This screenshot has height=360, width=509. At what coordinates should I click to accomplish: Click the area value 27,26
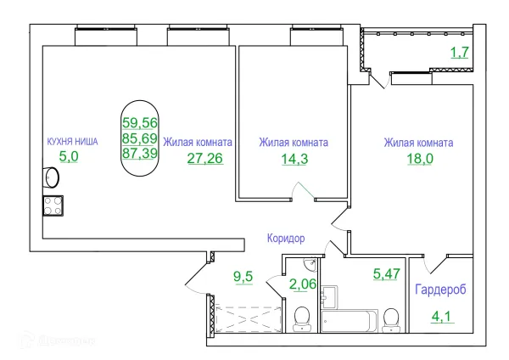click(204, 159)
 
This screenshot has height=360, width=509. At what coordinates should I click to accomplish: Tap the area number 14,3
click(293, 159)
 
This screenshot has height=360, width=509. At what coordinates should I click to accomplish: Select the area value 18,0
click(417, 159)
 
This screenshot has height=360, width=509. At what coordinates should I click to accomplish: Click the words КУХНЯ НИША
click(72, 141)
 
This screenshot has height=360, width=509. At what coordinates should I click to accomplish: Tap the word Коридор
click(285, 239)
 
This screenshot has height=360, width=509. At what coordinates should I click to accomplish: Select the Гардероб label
click(439, 290)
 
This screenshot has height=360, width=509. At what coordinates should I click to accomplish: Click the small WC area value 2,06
click(302, 284)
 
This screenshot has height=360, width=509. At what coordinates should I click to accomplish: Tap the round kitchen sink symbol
click(52, 178)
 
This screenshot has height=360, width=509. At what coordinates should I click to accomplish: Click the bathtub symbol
click(350, 321)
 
